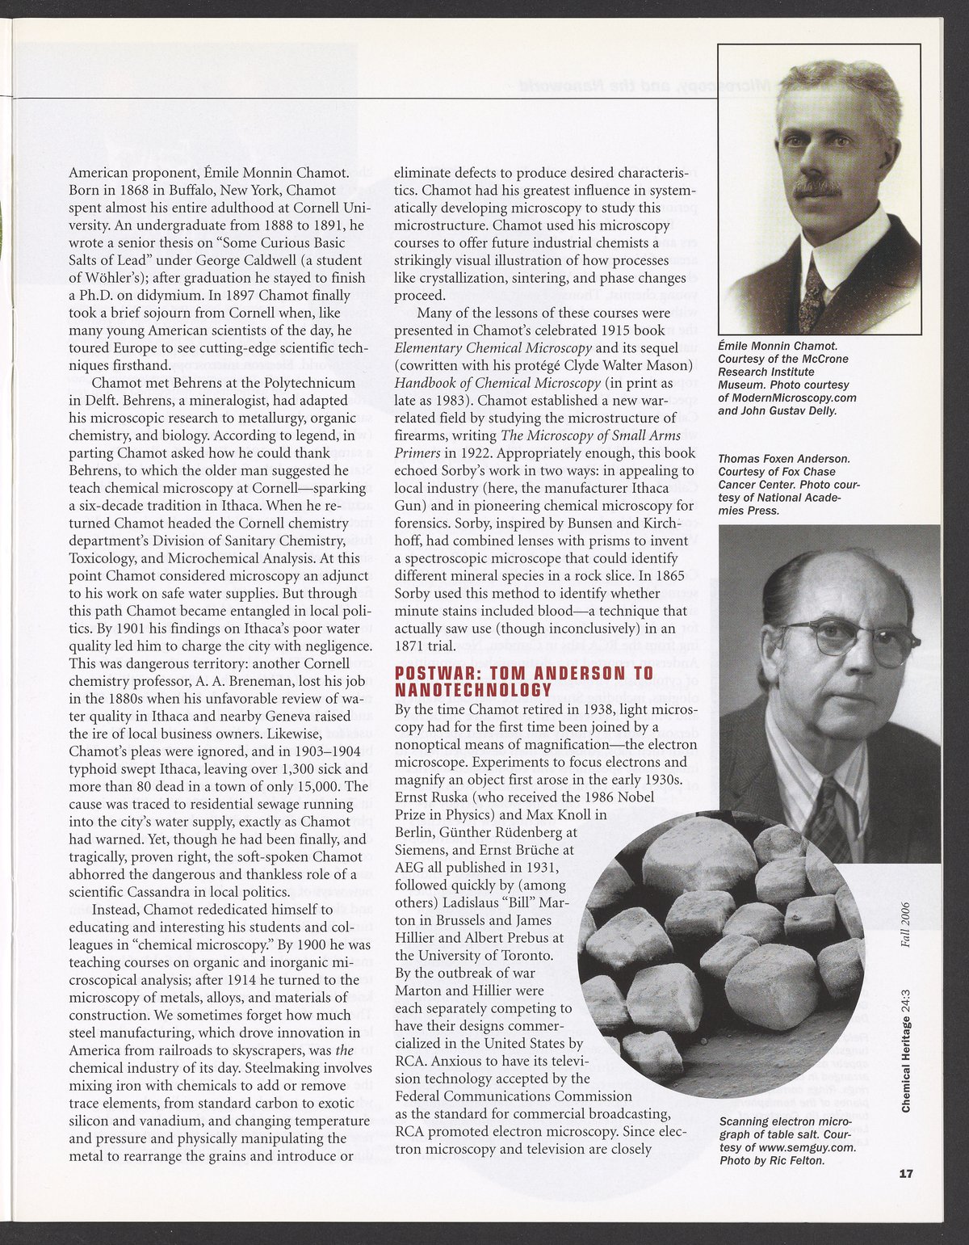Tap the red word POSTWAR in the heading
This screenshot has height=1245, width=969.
(x=436, y=674)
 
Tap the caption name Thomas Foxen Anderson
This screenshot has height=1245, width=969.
(x=776, y=459)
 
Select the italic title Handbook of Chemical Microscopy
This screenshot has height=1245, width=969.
(x=497, y=383)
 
